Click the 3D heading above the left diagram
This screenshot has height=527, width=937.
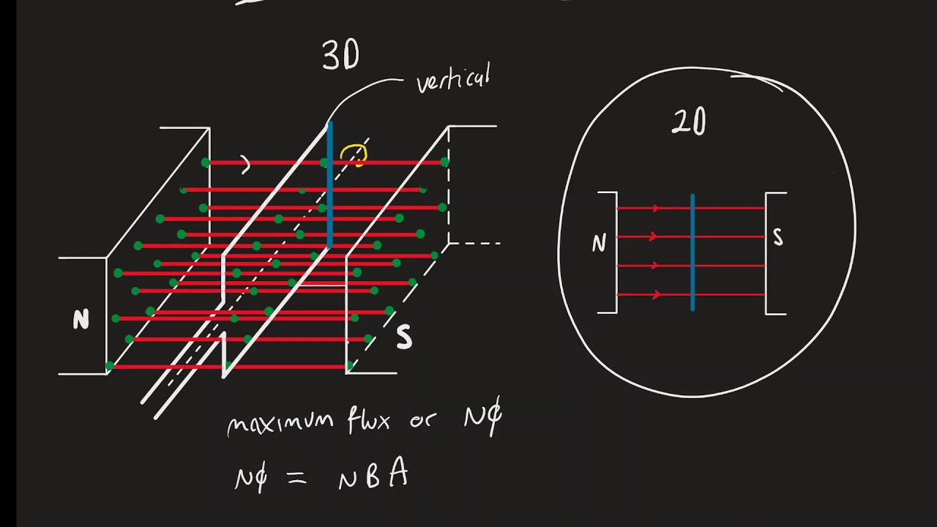point(340,56)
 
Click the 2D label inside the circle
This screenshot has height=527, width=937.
point(689,122)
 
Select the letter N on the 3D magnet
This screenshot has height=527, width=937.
point(81,320)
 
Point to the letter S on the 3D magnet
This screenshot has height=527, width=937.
point(403,337)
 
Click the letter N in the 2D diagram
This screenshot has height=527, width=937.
point(599,244)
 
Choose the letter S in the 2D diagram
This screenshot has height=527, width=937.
point(777,237)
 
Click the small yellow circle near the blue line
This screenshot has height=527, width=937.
point(353,154)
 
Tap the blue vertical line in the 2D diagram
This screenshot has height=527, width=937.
point(692,253)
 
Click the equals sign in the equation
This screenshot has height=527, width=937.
point(294,478)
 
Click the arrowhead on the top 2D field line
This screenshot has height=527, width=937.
point(655,209)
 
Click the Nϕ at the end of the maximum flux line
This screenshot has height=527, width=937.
point(482,419)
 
